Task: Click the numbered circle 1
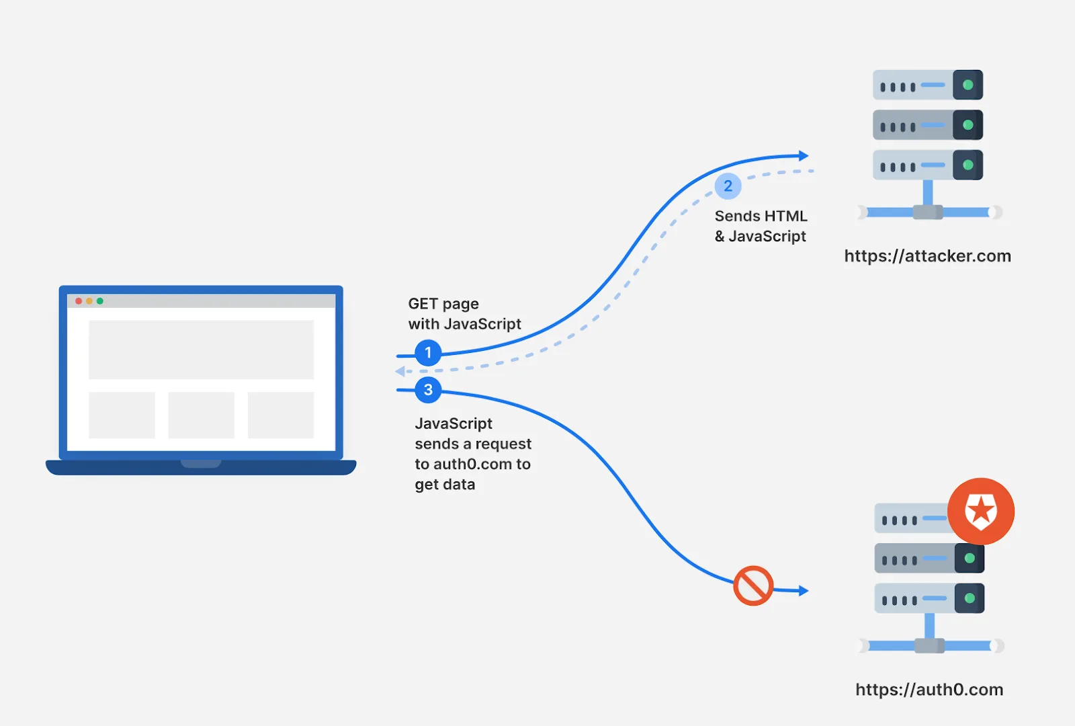click(x=428, y=353)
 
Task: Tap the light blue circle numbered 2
click(x=728, y=186)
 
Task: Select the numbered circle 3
click(x=428, y=390)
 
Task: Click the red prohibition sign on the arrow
click(x=753, y=586)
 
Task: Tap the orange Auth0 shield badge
click(x=981, y=512)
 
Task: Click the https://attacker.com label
click(x=928, y=256)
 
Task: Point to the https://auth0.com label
click(x=929, y=690)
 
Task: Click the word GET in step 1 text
click(x=423, y=303)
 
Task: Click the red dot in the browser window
click(x=79, y=301)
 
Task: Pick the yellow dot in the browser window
click(x=89, y=301)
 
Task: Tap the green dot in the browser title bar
click(x=100, y=301)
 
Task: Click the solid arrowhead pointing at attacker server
click(x=804, y=155)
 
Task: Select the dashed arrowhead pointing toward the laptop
click(x=400, y=371)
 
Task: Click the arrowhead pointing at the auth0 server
click(x=804, y=591)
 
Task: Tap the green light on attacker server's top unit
click(x=968, y=85)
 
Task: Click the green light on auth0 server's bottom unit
click(x=970, y=598)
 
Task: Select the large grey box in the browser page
click(x=201, y=350)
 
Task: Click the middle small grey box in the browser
click(x=201, y=415)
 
